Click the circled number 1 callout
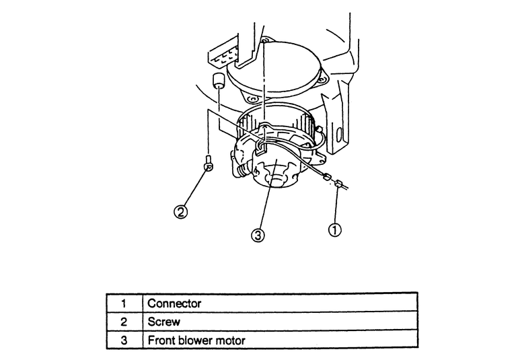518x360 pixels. pos(334,229)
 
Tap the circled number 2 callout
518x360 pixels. pos(180,211)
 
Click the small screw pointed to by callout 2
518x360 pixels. pos(208,163)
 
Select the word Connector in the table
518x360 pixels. pos(174,303)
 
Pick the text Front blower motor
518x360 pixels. pos(196,340)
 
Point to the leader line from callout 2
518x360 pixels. pos(193,188)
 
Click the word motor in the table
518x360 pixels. pos(230,340)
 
